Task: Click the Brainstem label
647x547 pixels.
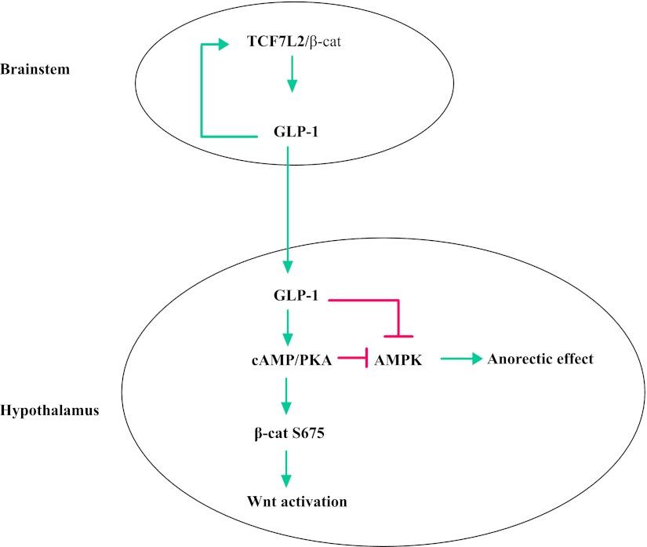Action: (x=35, y=69)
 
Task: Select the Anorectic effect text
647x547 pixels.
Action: (x=540, y=359)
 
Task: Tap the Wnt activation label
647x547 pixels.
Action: (x=286, y=500)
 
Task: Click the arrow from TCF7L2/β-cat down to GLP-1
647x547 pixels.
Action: (x=291, y=75)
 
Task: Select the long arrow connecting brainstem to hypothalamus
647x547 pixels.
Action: (x=288, y=212)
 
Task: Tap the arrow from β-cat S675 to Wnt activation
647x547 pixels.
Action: (x=287, y=466)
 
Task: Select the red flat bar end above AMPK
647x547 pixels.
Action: (x=400, y=336)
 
